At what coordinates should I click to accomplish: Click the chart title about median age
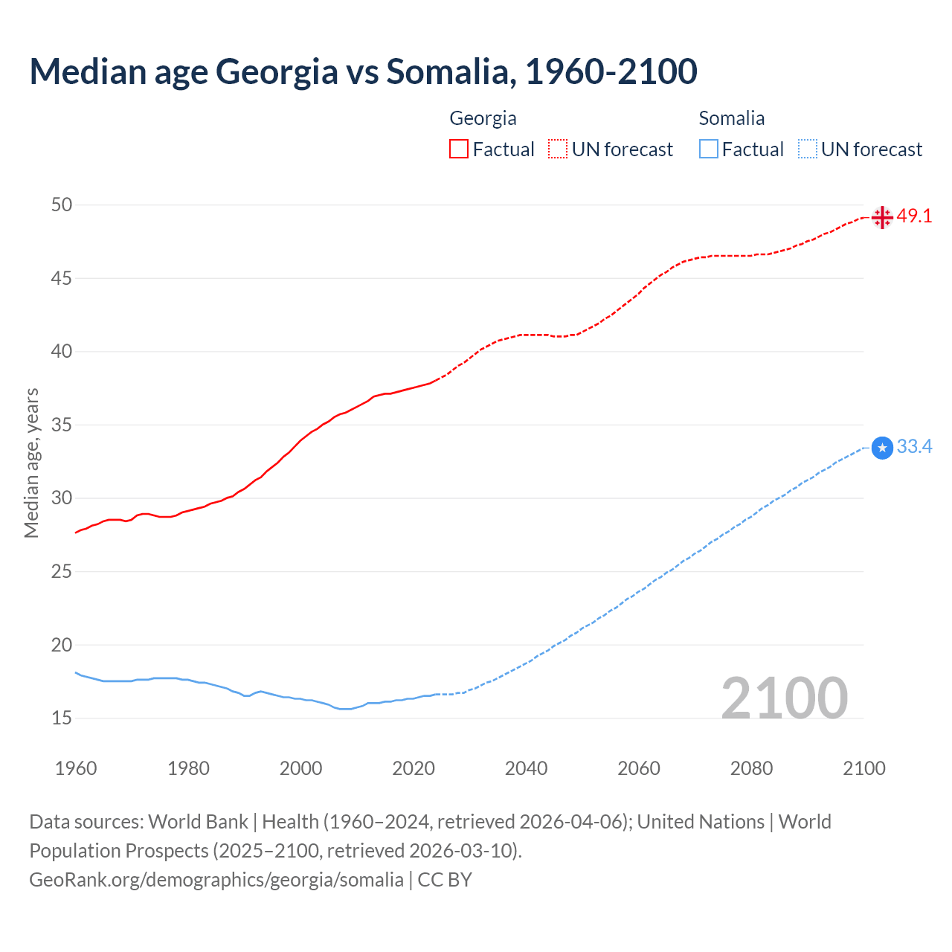[363, 71]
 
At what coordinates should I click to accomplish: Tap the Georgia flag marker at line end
[882, 217]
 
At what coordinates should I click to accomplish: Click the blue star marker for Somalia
[882, 448]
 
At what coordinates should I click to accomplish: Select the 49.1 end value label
[914, 216]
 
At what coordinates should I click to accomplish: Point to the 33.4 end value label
[914, 447]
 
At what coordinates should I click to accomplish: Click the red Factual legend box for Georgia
[459, 149]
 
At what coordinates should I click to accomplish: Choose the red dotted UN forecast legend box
[558, 149]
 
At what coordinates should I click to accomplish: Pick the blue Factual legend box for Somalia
[709, 149]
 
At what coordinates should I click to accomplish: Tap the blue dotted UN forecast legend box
[808, 149]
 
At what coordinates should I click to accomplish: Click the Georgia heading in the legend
[483, 118]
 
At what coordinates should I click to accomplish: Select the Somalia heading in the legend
[731, 118]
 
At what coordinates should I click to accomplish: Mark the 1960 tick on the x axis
[76, 768]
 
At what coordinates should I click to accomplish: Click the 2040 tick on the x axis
[526, 768]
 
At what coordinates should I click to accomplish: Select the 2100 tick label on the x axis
[863, 768]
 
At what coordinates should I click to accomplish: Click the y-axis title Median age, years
[31, 463]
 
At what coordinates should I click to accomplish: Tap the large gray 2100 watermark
[784, 698]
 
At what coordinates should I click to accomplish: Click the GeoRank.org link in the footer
[216, 880]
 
